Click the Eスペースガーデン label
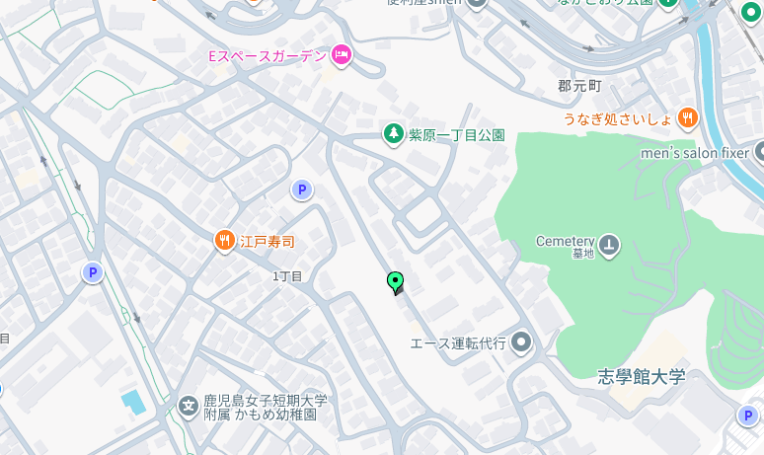pyautogui.click(x=267, y=56)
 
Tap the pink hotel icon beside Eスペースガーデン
pyautogui.click(x=342, y=55)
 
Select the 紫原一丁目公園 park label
pyautogui.click(x=457, y=134)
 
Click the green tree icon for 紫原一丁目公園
pyautogui.click(x=394, y=133)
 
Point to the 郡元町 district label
pyautogui.click(x=578, y=86)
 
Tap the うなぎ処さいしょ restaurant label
pyautogui.click(x=618, y=118)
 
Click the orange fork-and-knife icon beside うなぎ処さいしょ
pyautogui.click(x=688, y=118)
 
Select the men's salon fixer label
pyautogui.click(x=695, y=153)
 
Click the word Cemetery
pyautogui.click(x=565, y=240)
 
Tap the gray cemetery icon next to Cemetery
pyautogui.click(x=609, y=243)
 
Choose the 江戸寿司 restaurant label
pyautogui.click(x=267, y=241)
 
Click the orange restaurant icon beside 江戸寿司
pyautogui.click(x=225, y=240)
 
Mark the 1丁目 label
pyautogui.click(x=287, y=276)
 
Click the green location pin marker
pyautogui.click(x=396, y=282)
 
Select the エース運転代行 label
pyautogui.click(x=458, y=343)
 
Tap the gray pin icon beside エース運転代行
pyautogui.click(x=522, y=342)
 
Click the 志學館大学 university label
pyautogui.click(x=641, y=376)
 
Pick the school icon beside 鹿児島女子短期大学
pyautogui.click(x=189, y=406)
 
